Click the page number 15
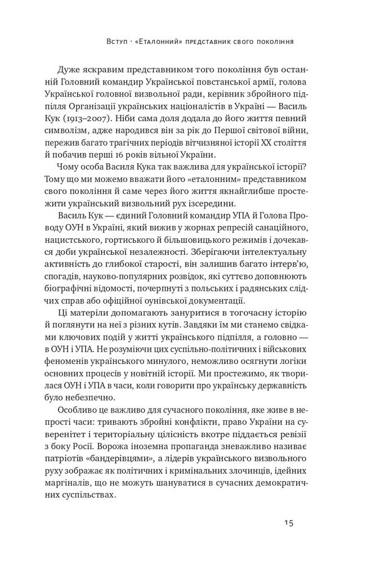(288, 522)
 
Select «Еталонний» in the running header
(166, 42)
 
